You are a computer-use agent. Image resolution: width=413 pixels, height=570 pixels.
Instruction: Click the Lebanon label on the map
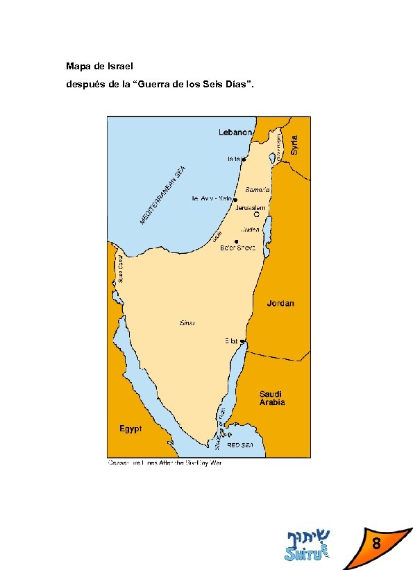coord(236,132)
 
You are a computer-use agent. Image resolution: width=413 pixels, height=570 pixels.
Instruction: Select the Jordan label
coord(280,303)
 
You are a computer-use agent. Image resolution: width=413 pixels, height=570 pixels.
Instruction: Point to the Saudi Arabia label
coord(272,397)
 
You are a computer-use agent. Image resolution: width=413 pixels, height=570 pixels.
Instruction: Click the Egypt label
coord(130,429)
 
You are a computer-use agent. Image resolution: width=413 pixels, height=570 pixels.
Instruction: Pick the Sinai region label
coord(188,323)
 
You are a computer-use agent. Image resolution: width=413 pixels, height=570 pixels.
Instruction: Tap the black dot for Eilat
coord(242,341)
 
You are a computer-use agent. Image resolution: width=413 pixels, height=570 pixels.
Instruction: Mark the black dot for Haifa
coord(244,159)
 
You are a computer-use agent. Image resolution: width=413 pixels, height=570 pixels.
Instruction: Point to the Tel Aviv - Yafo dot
coord(235,199)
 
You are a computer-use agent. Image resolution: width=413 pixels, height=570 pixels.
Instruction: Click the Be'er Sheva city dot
coord(237,241)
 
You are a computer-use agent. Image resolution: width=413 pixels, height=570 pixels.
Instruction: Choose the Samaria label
coord(258,189)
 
